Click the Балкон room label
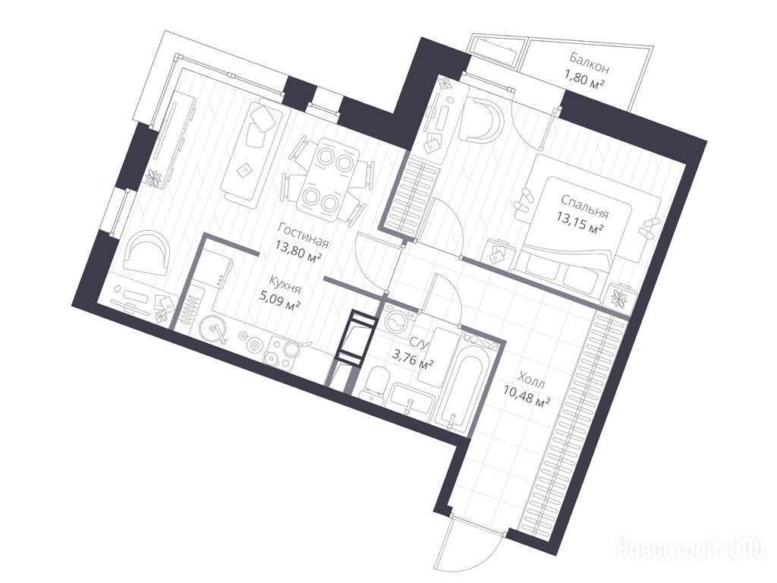coord(589,63)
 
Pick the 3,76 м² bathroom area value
coord(414,358)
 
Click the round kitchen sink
coord(213,329)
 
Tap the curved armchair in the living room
coord(146,254)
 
